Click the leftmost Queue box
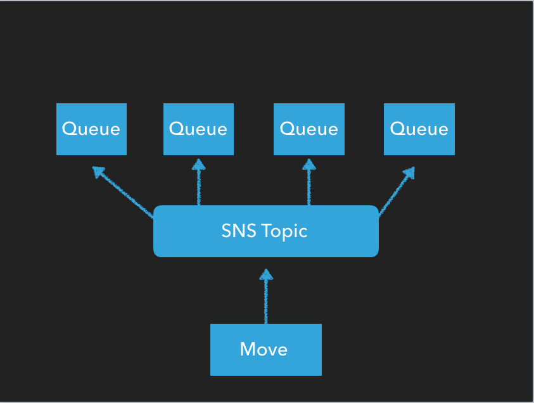pos(91,129)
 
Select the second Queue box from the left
pos(198,129)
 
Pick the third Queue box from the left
pos(308,129)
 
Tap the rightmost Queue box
pos(419,129)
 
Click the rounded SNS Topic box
pos(265,231)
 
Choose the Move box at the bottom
pos(265,350)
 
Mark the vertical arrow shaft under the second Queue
pos(199,188)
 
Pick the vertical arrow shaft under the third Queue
pos(309,188)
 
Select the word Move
pos(264,349)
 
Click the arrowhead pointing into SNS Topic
pos(266,274)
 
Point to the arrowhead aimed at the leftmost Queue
pos(98,171)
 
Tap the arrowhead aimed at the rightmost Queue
pos(409,172)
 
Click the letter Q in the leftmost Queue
pos(70,129)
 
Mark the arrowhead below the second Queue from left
pos(199,164)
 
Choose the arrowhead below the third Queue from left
pos(309,164)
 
